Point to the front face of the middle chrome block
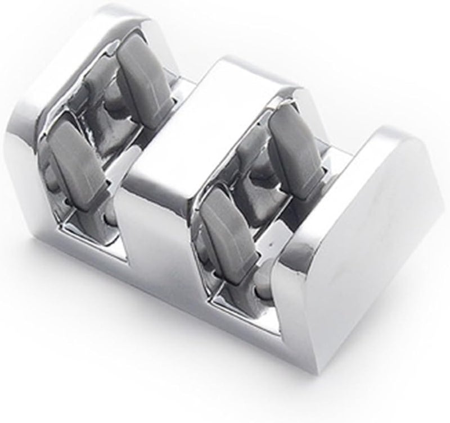click(157, 225)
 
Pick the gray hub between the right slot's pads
click(259, 180)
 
